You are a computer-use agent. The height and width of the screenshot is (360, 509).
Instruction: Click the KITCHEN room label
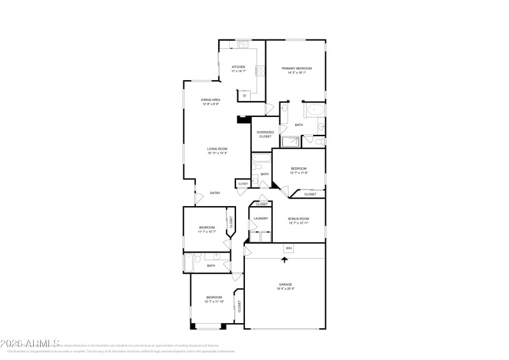(238, 67)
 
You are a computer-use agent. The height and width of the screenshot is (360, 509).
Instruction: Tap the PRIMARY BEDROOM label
(296, 68)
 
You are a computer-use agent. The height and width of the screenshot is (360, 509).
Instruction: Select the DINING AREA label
(211, 100)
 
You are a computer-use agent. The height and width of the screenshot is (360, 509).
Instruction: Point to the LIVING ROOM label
(217, 149)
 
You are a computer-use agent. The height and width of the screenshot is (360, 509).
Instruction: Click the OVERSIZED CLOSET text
(265, 134)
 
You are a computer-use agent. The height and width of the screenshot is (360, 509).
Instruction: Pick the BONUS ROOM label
(298, 218)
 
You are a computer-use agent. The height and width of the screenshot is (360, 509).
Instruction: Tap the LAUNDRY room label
(260, 218)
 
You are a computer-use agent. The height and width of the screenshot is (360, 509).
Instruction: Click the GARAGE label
(285, 284)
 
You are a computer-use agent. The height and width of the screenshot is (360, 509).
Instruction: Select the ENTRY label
(215, 193)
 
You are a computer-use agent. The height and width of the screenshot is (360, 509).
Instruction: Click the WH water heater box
(288, 248)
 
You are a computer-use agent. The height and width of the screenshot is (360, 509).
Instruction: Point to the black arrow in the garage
(284, 260)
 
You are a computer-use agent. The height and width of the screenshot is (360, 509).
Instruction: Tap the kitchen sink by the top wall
(242, 44)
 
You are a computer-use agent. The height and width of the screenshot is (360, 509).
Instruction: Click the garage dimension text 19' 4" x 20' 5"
(285, 289)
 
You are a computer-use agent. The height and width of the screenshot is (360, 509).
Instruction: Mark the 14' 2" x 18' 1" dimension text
(296, 73)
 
